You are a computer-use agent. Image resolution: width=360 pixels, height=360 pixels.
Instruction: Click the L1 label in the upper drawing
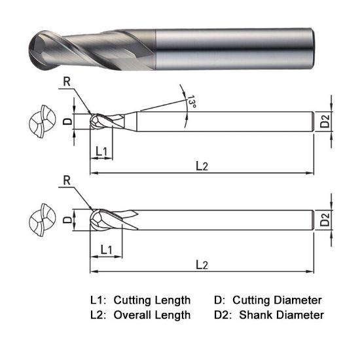(101, 151)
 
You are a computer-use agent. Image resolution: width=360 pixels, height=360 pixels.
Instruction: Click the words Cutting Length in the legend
(152, 300)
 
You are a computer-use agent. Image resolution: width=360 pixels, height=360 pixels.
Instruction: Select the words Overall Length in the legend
(152, 315)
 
